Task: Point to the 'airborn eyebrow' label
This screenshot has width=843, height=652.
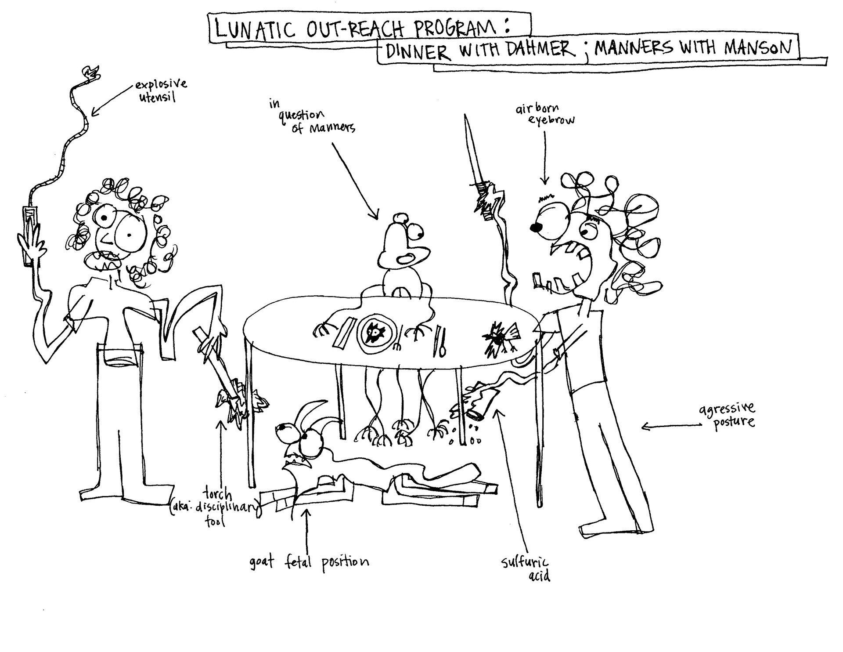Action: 544,114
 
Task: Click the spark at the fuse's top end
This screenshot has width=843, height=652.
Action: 91,73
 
